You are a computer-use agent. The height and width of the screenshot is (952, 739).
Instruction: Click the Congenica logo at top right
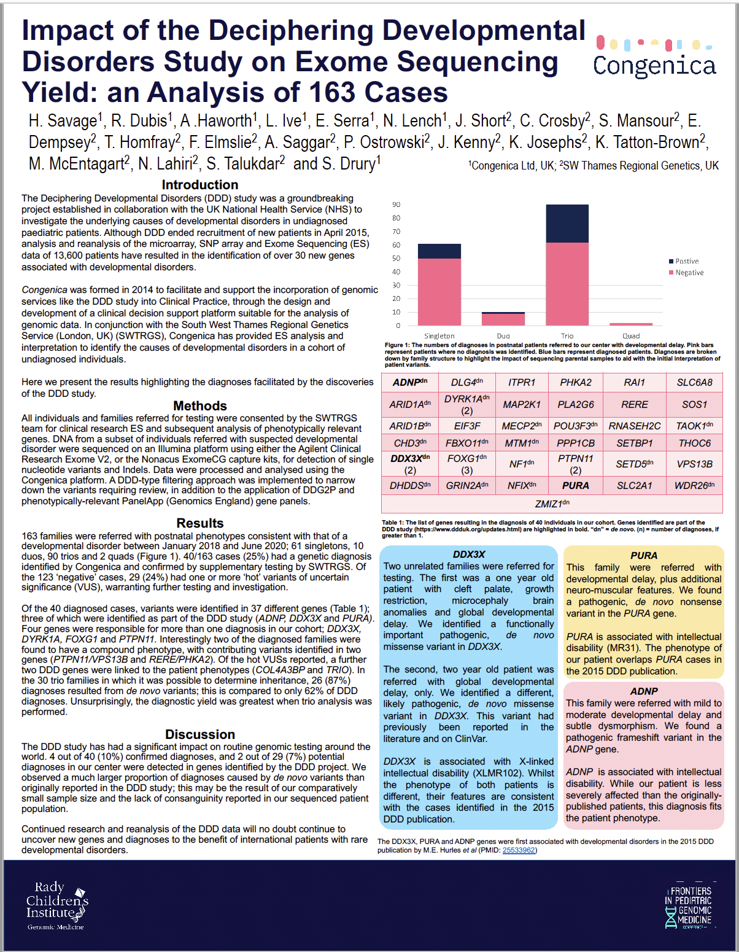point(654,57)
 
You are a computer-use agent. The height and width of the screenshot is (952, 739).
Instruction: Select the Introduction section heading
point(200,185)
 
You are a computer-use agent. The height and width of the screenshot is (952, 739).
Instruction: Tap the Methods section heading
point(200,406)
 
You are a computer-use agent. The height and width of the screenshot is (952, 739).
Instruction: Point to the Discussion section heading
point(200,735)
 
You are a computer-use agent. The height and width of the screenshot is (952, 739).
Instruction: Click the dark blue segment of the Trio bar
point(567,224)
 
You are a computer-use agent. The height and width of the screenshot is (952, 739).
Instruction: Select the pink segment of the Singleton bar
point(439,292)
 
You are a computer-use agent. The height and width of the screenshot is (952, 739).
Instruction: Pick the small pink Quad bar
point(631,324)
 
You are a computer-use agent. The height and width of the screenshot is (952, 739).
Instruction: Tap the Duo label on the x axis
point(503,336)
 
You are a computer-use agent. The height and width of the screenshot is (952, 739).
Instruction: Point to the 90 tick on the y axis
point(397,205)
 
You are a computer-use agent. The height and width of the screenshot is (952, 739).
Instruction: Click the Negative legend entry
point(689,273)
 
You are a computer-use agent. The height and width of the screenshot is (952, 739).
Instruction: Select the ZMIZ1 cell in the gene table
point(552,504)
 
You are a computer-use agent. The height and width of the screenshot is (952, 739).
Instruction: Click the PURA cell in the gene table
point(576,485)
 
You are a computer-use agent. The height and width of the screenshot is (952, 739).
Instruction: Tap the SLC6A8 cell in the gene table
point(695,382)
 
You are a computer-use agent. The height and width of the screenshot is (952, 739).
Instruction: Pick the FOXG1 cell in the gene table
point(467,464)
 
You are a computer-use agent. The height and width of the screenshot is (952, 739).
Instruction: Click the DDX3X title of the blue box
point(469,555)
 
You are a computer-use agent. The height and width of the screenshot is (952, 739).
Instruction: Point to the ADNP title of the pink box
point(644,692)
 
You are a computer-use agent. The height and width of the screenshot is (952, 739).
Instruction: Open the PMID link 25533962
point(519,851)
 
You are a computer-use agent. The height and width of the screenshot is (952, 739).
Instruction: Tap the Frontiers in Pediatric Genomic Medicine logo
point(690,906)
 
